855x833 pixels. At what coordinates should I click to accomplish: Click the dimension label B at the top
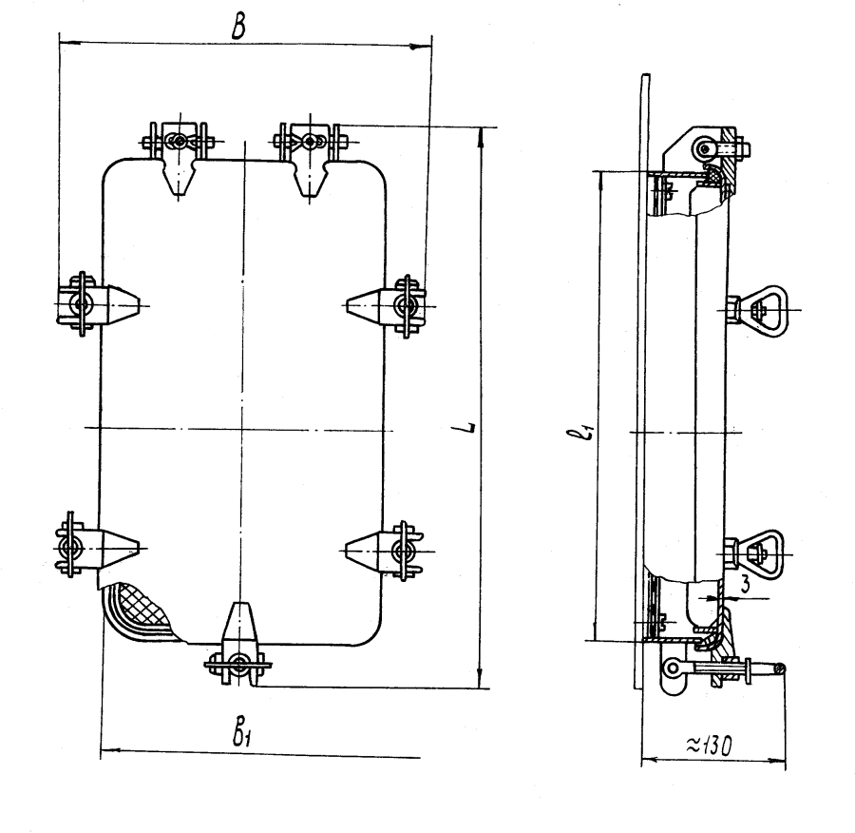238,28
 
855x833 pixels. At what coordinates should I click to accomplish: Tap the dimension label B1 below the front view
241,735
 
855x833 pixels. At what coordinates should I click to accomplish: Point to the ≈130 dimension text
709,746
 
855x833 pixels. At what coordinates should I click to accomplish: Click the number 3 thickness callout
746,585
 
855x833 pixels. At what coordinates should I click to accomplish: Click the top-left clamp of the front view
178,157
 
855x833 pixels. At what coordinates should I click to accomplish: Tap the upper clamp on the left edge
97,303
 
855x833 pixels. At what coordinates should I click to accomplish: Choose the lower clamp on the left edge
97,546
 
